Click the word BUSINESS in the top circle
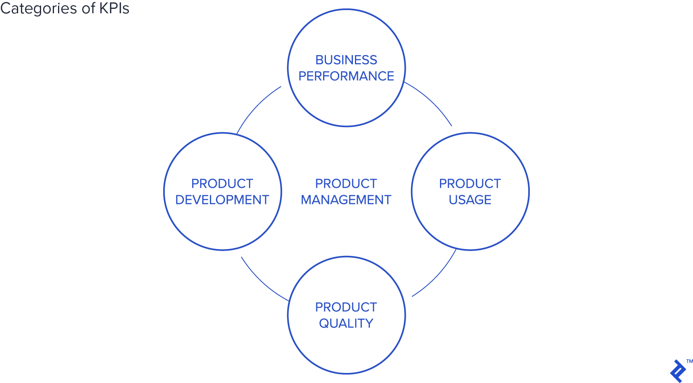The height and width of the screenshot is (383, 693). click(346, 60)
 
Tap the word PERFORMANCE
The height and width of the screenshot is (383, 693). click(346, 76)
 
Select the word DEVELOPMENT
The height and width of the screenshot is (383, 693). click(222, 200)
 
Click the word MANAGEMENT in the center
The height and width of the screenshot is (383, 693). click(346, 200)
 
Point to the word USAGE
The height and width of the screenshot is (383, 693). click(470, 200)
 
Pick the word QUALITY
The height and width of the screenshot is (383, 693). click(346, 323)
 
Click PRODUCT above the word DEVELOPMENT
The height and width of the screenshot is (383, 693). click(222, 184)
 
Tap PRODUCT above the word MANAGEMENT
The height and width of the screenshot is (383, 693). click(346, 184)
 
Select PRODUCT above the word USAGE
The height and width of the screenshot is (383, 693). click(470, 184)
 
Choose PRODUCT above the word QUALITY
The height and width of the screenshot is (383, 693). click(346, 307)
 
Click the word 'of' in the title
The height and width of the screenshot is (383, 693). click(88, 8)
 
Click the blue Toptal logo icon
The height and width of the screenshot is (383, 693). click(678, 371)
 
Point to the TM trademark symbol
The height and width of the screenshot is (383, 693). click(689, 361)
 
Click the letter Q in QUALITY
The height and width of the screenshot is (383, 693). click(324, 323)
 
